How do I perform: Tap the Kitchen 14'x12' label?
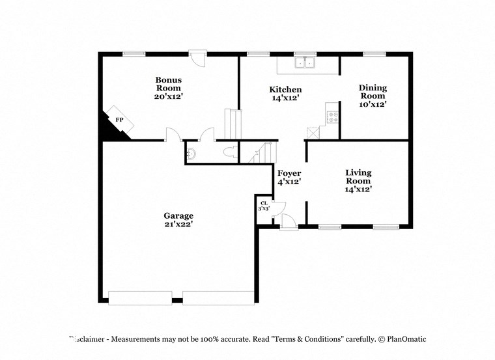coord(285,93)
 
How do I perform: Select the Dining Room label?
coord(373,96)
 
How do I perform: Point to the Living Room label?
coord(358,180)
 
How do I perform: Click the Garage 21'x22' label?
coord(178,219)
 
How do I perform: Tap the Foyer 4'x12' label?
coord(289,177)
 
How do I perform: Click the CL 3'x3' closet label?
coord(263,206)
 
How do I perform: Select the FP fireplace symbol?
coord(120,120)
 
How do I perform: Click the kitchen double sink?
coord(305,62)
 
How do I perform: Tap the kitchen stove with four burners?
coord(332,118)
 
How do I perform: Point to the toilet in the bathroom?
coord(229,152)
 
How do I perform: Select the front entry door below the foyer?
coord(289,223)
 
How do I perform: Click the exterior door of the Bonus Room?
coord(197,58)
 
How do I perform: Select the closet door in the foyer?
coord(277,210)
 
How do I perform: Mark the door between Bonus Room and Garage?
coord(172,135)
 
